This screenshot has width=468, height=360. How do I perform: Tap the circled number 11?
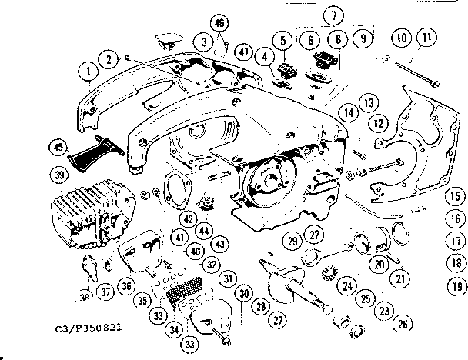click(x=424, y=37)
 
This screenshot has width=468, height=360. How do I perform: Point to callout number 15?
click(x=456, y=196)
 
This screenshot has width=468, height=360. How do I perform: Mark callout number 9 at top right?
click(x=363, y=37)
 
